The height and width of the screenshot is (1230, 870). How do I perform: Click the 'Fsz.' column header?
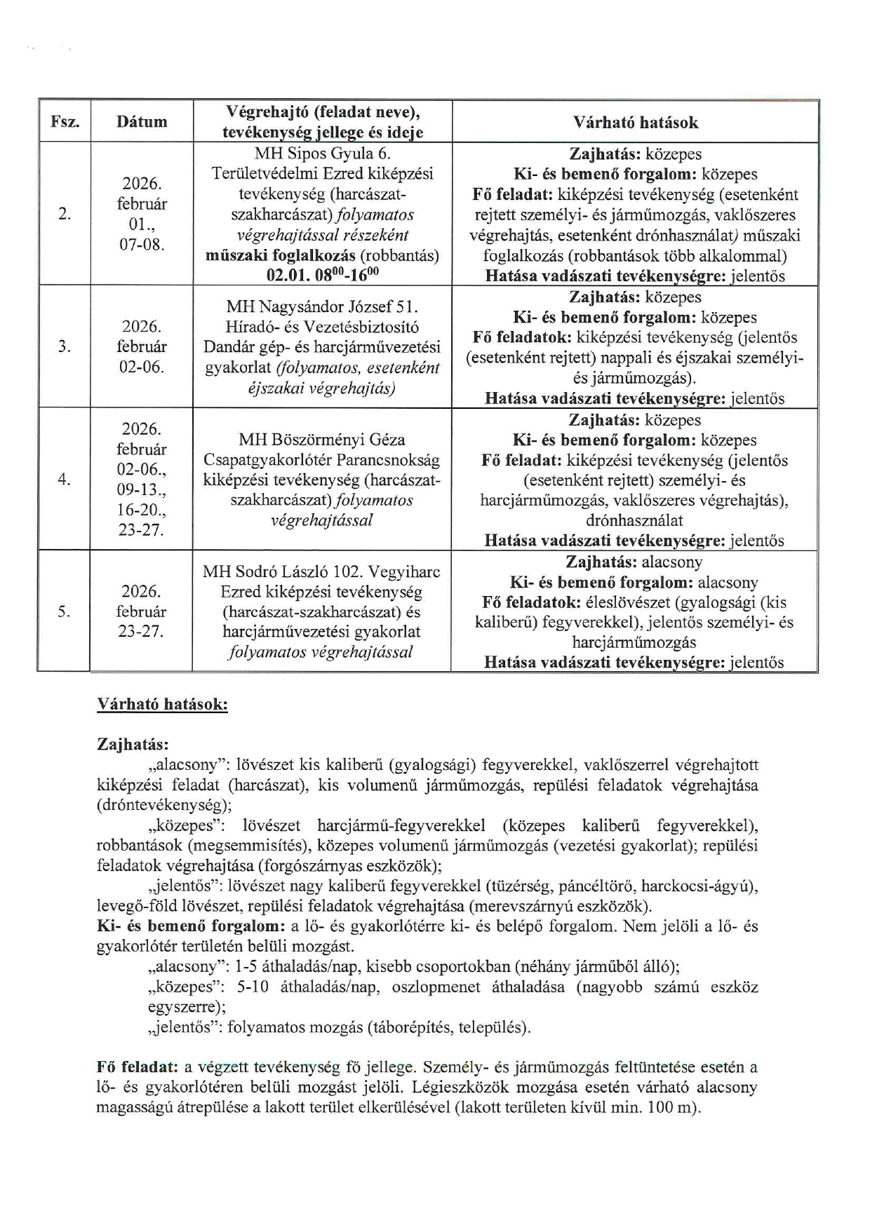click(x=65, y=122)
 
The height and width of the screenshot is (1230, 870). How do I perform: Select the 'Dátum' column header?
click(x=142, y=122)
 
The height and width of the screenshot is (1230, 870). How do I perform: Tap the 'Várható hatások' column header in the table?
click(x=635, y=123)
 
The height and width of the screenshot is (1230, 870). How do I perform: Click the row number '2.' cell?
click(x=65, y=215)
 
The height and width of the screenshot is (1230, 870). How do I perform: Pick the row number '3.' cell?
click(x=65, y=346)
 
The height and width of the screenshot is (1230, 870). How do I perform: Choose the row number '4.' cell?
click(x=65, y=480)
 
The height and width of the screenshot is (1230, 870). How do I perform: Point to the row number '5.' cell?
click(x=65, y=611)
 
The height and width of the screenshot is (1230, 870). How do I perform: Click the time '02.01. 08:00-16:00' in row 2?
click(x=323, y=275)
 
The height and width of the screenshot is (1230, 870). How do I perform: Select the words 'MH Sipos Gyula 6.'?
click(x=323, y=154)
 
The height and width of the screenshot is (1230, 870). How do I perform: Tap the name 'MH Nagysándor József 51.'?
click(x=322, y=306)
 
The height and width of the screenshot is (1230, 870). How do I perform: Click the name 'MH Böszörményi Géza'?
click(x=322, y=440)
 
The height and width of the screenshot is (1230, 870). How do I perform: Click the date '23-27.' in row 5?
click(x=141, y=631)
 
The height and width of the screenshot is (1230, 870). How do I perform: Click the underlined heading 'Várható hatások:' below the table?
click(x=162, y=705)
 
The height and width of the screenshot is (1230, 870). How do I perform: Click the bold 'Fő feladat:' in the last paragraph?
click(x=137, y=1067)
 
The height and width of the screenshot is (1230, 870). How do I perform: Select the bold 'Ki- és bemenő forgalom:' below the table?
click(x=190, y=926)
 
